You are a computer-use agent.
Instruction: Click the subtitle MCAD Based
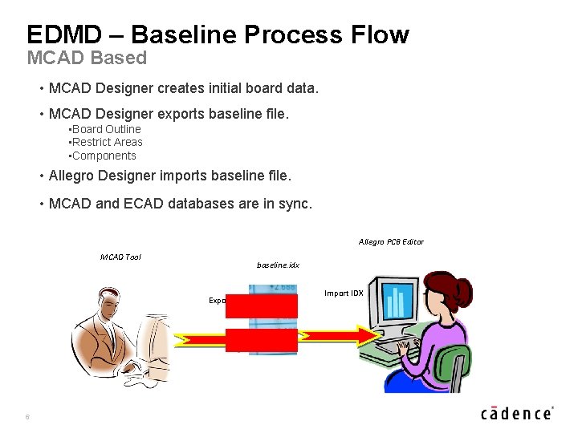(87, 59)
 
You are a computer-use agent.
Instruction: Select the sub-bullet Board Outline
(106, 129)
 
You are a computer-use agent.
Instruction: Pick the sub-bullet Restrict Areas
(107, 142)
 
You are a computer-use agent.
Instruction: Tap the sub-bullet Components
(104, 156)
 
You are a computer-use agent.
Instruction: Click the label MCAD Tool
(120, 257)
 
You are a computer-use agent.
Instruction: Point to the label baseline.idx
(278, 265)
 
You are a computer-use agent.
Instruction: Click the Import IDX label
(344, 293)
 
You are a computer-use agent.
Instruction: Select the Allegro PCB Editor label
(391, 242)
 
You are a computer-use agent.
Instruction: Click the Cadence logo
(517, 413)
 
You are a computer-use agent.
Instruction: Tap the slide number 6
(27, 416)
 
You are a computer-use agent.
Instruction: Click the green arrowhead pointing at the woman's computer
(365, 334)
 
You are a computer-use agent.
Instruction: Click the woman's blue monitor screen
(396, 303)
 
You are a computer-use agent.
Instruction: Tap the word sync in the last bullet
(295, 204)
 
